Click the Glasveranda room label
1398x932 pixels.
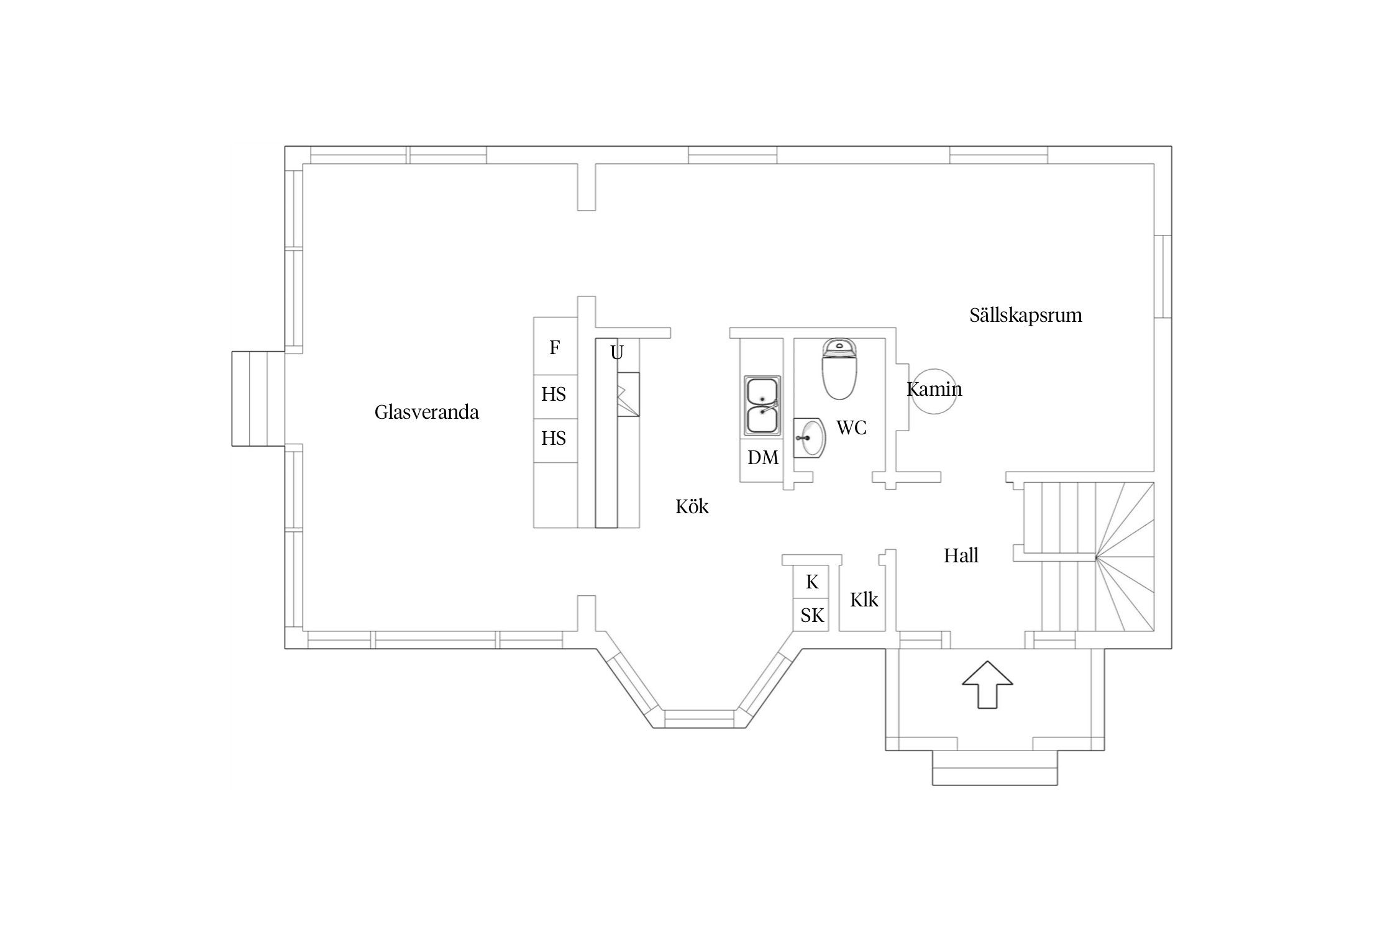pos(426,412)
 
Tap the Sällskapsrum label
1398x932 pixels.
pos(1025,315)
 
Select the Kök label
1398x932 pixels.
pos(692,506)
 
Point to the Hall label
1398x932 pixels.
pos(961,555)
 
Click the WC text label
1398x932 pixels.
pos(851,427)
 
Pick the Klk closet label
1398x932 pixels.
pos(864,600)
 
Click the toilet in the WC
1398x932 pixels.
pos(839,369)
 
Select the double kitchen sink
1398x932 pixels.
pos(762,405)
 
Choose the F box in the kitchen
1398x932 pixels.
pos(555,346)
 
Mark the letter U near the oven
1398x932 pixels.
pos(616,353)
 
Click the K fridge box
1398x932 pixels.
pos(811,582)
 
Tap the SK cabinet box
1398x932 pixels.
pos(811,615)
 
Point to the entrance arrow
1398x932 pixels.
pos(987,685)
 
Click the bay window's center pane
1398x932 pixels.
pos(700,718)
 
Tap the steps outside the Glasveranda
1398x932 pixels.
pos(258,399)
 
